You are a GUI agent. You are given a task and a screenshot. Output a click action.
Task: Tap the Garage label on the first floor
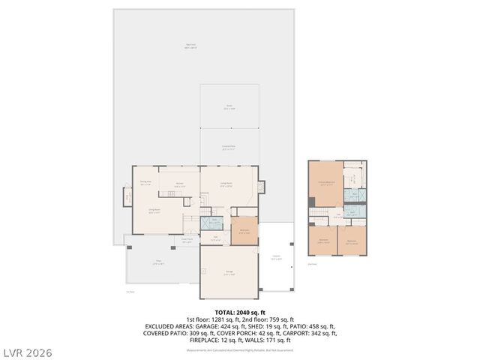pos(229,272)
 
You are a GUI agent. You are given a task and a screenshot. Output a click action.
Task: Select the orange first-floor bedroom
pos(244,232)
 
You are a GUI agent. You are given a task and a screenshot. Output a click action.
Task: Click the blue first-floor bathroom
pos(215,222)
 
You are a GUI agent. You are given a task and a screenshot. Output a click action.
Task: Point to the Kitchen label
pos(180,184)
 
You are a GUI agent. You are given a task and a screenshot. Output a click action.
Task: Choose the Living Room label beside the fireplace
pos(226,184)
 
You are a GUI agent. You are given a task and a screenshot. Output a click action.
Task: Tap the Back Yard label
pos(190,46)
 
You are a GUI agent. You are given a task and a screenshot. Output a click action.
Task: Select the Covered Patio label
pos(229,148)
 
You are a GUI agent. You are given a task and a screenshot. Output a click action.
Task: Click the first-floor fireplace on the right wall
pos(261,186)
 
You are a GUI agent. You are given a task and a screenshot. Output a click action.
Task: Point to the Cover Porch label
pos(187,241)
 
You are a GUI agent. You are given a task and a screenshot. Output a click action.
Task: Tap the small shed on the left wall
pos(127,197)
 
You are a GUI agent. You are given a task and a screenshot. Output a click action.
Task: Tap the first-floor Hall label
pos(215,238)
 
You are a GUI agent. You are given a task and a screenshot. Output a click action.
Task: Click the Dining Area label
pos(145,183)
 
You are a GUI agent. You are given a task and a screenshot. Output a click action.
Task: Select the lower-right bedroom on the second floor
pos(352,241)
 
